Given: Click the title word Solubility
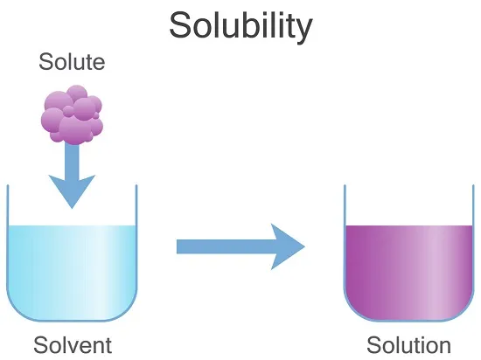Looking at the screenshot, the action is pyautogui.click(x=240, y=27).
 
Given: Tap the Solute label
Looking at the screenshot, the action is pyautogui.click(x=72, y=61).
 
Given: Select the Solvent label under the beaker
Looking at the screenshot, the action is pyautogui.click(x=73, y=345).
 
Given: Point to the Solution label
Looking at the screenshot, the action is pyautogui.click(x=408, y=345).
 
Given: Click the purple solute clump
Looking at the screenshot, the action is pyautogui.click(x=72, y=114).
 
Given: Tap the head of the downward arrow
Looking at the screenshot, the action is pyautogui.click(x=72, y=191).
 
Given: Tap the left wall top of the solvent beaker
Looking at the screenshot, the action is pyautogui.click(x=8, y=185).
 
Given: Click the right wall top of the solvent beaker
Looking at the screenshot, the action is pyautogui.click(x=136, y=185).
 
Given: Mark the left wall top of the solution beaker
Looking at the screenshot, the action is pyautogui.click(x=345, y=185).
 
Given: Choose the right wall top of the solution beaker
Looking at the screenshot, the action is pyautogui.click(x=473, y=185).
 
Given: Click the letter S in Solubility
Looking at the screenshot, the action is pyautogui.click(x=181, y=24).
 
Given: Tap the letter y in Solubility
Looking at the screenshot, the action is pyautogui.click(x=303, y=31).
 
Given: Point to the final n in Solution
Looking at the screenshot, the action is pyautogui.click(x=444, y=348).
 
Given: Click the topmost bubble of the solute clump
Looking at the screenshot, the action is pyautogui.click(x=77, y=94).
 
